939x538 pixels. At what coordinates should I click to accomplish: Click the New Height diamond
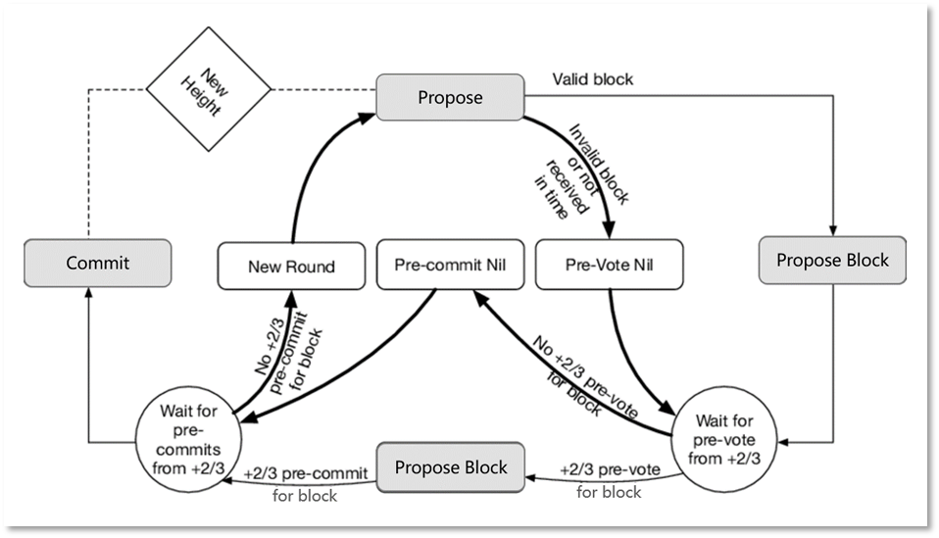[209, 89]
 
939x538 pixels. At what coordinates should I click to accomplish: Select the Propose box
[450, 97]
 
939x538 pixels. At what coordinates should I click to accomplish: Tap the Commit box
[98, 263]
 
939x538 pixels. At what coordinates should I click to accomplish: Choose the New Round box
[292, 267]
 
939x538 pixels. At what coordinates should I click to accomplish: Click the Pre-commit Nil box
[450, 265]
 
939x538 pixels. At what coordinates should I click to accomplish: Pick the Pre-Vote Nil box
[609, 265]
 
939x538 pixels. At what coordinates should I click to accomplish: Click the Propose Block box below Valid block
[832, 260]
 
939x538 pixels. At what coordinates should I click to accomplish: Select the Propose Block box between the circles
[451, 467]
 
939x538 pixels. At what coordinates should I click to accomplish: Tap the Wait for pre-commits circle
[188, 440]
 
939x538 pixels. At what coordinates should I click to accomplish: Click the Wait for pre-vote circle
[724, 440]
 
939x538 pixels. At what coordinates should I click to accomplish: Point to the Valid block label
[592, 79]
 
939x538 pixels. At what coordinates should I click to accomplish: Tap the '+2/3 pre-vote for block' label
[610, 480]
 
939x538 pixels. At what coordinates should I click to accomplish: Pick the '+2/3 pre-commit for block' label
[306, 484]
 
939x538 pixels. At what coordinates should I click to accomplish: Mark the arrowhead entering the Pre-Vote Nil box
[609, 229]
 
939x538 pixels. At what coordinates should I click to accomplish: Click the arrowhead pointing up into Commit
[88, 292]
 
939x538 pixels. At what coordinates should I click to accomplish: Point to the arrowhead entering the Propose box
[367, 118]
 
